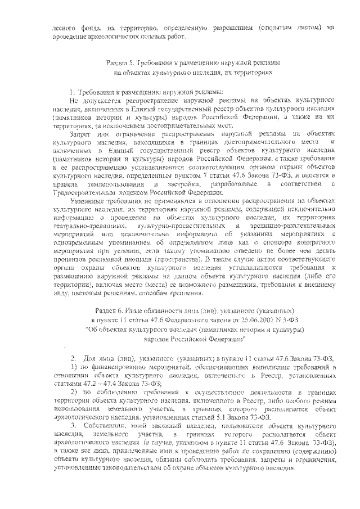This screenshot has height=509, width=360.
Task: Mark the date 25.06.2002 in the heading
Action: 247,321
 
